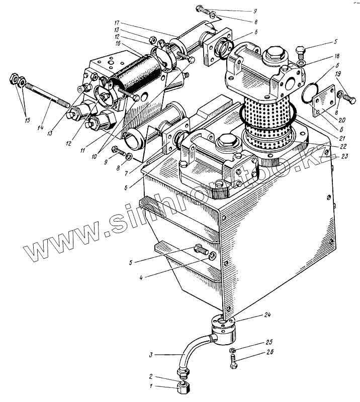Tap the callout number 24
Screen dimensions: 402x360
[x=266, y=316]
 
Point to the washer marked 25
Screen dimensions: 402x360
[x=231, y=350]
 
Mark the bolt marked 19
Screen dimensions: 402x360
[x=346, y=94]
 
